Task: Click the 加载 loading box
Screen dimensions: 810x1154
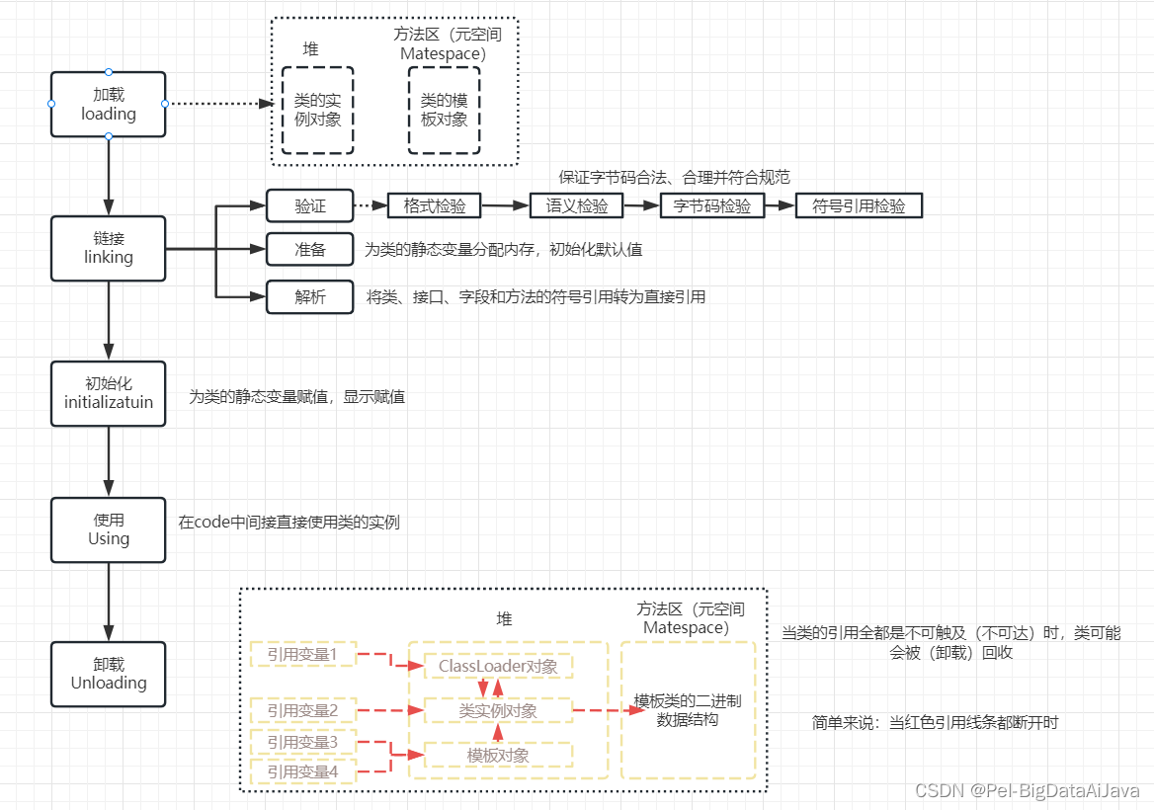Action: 108,104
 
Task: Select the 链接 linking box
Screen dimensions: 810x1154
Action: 108,248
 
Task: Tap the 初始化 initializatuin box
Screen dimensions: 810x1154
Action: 108,393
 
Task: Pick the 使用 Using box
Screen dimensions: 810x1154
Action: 108,529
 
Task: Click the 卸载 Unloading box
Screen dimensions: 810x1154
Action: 108,674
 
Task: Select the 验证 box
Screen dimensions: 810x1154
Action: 309,205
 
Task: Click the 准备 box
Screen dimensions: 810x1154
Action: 309,250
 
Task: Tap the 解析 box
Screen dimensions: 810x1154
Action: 309,297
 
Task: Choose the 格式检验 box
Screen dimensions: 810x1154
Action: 434,205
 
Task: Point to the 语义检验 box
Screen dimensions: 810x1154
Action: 577,205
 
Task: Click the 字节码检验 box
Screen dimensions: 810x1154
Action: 711,205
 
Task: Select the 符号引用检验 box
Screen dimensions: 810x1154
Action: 858,205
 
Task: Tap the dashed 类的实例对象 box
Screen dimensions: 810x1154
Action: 317,110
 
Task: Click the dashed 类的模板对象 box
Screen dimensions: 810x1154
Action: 444,110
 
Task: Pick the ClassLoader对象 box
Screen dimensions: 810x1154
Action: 498,666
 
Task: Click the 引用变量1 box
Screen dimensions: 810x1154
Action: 301,654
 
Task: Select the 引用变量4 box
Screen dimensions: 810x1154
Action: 301,771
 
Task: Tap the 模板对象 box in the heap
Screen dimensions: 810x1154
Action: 498,756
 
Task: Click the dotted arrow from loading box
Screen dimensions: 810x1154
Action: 217,103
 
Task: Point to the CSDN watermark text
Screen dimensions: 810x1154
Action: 1027,791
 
